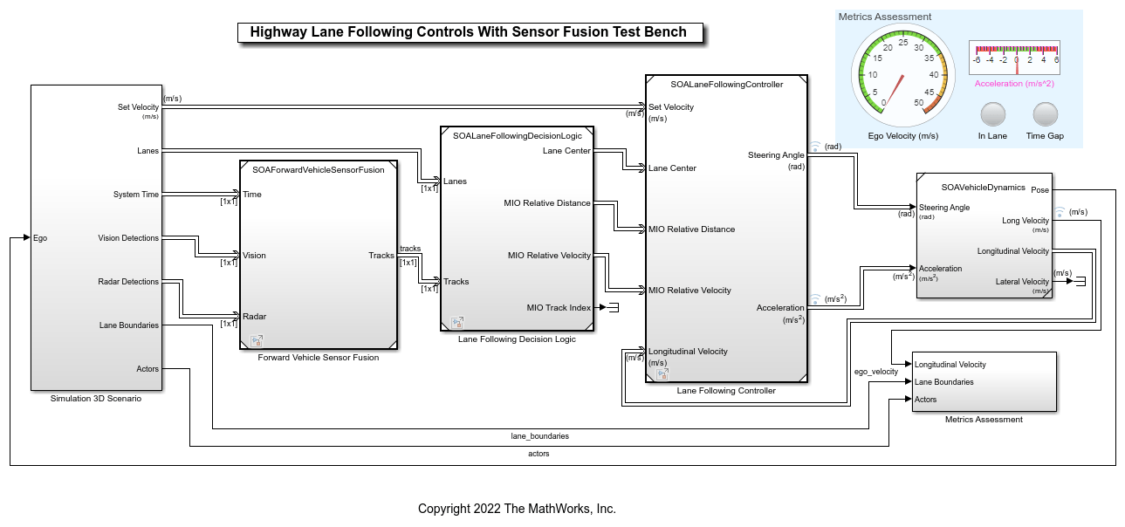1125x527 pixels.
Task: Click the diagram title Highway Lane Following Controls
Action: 469,32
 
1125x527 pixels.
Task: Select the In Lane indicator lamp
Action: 992,114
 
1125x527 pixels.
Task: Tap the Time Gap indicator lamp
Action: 1045,114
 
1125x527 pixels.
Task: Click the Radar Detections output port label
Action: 128,282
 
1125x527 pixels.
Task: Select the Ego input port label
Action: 39,238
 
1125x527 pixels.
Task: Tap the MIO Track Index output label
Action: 559,307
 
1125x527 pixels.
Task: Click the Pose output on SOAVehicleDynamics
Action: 1039,189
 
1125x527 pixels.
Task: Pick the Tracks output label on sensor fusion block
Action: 381,256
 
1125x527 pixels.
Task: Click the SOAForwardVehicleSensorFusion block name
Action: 318,170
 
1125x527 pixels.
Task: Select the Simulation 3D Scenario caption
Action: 96,399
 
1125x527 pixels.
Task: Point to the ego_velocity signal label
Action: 875,372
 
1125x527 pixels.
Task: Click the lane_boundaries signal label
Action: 539,435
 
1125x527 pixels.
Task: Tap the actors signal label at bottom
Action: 539,454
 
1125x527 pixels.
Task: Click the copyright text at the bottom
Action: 517,509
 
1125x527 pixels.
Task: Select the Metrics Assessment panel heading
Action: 884,17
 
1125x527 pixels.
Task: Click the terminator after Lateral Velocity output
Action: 1080,282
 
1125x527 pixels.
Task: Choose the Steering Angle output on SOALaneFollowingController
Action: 775,155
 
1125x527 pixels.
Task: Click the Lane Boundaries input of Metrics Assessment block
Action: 943,382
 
